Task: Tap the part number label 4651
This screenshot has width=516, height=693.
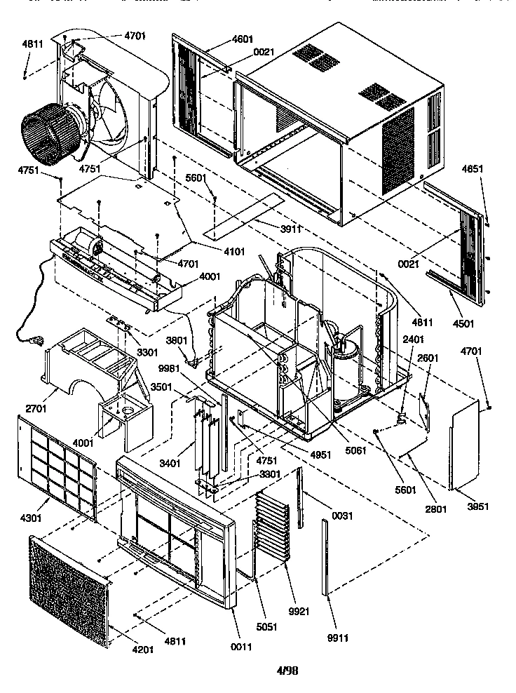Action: pyautogui.click(x=473, y=169)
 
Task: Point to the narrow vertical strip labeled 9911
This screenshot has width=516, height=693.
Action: pyautogui.click(x=325, y=558)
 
